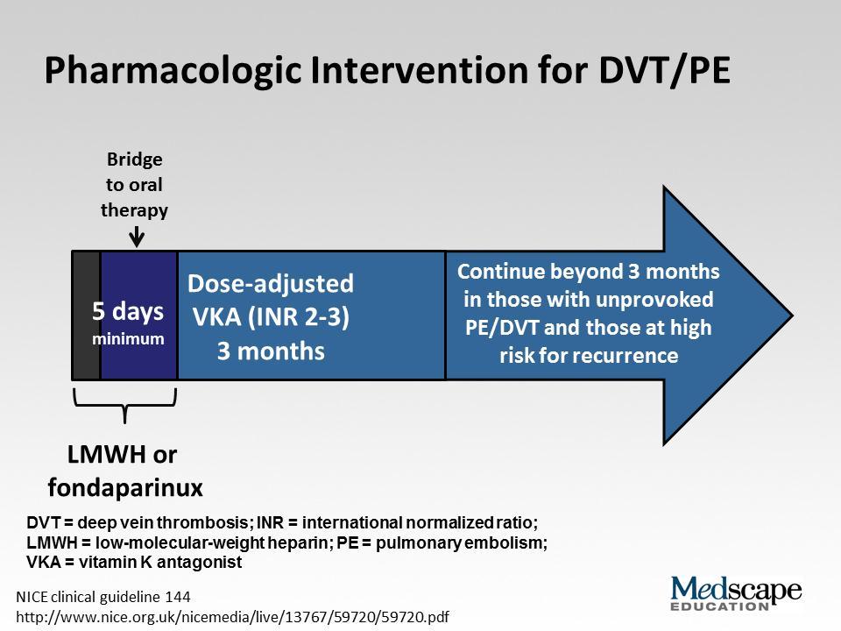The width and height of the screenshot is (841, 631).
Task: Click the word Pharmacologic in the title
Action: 172,71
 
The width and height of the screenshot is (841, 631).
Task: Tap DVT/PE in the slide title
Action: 664,70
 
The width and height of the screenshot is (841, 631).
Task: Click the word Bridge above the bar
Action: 134,160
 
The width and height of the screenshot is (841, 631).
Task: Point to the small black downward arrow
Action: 137,236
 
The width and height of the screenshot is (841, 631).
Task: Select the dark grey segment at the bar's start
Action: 87,315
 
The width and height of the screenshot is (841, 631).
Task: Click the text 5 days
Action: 128,310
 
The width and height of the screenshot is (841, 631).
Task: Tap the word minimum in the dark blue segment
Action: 128,338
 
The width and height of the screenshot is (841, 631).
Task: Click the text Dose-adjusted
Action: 271,284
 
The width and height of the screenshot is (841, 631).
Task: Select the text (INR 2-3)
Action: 298,316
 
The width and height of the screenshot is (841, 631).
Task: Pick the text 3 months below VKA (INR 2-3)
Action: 271,351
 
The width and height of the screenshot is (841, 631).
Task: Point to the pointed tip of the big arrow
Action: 792,315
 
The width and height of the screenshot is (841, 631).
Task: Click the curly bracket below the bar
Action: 125,406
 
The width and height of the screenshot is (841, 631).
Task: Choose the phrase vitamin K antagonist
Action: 159,562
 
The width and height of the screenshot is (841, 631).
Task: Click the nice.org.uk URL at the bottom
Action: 233,617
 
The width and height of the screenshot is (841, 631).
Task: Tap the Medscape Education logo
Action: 736,593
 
